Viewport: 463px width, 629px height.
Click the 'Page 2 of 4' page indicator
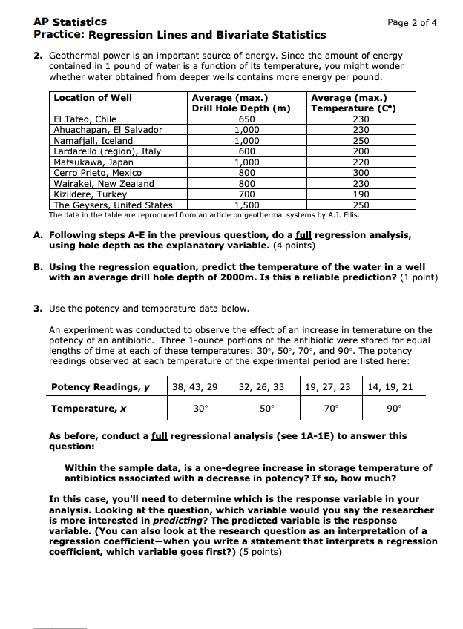click(412, 22)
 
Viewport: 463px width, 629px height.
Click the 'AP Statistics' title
click(70, 22)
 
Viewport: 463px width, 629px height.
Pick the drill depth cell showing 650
click(247, 119)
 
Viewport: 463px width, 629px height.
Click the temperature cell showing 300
click(361, 173)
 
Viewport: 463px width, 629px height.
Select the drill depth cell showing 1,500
click(247, 205)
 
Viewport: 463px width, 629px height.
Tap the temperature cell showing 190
click(361, 194)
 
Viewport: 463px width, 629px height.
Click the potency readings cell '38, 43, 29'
click(195, 386)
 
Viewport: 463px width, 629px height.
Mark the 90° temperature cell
click(394, 408)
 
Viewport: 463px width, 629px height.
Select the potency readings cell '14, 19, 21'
click(390, 386)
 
